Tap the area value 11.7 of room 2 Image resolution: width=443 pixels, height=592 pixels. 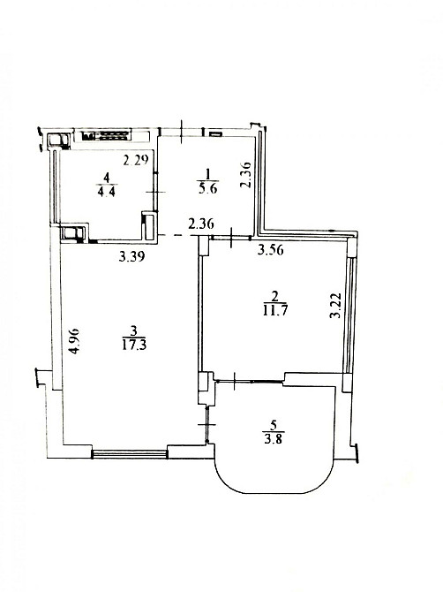pos(274,310)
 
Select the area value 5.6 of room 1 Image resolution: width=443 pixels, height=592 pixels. pos(208,188)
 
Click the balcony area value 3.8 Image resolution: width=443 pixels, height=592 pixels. pos(274,439)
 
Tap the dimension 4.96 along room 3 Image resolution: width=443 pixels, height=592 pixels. pos(75,340)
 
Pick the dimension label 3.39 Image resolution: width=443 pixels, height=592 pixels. pos(132,257)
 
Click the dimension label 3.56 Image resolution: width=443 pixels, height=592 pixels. pos(271,250)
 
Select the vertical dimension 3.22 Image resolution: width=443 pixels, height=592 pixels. pos(334,306)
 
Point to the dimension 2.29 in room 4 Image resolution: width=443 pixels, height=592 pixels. pos(136,160)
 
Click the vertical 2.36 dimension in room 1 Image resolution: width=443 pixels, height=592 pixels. pos(245,175)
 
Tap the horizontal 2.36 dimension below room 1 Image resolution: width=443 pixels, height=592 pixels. pos(201,224)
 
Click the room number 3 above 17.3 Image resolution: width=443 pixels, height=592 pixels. pos(133,331)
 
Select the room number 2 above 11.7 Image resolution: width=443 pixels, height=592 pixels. pos(274,296)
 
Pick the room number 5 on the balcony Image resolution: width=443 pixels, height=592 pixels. pos(274,426)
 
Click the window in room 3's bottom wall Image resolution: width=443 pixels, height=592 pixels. pos(130,453)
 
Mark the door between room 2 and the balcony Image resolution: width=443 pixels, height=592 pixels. pos(249,382)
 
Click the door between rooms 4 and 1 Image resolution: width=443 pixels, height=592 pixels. pos(155,192)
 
